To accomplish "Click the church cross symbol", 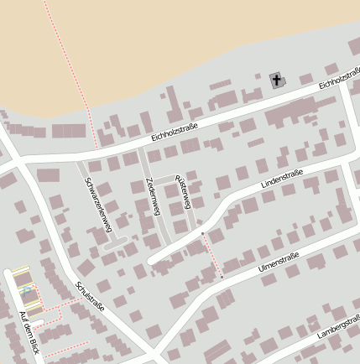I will (x=277, y=81).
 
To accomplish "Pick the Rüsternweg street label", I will (x=182, y=192).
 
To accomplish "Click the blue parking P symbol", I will (x=27, y=290).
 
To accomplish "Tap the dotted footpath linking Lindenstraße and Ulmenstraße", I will (x=211, y=254).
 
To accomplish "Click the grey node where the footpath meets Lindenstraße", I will (x=202, y=233).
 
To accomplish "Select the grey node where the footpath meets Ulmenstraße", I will (x=222, y=277).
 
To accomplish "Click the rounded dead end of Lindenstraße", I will (x=152, y=261).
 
